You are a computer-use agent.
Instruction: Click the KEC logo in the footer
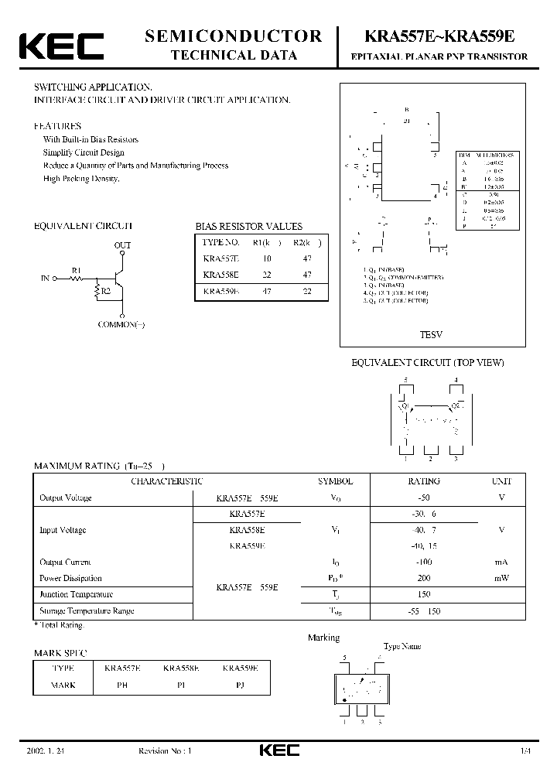coord(278,750)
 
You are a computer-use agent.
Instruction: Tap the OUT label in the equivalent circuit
coord(123,245)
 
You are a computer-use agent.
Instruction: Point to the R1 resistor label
coord(77,270)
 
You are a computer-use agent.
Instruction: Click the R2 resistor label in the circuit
coord(106,292)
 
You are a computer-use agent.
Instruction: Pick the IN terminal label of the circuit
coord(45,276)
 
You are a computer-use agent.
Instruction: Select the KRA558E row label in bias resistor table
coord(221,275)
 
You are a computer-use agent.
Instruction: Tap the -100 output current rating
coord(424,562)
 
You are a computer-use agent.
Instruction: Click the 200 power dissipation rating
coord(424,579)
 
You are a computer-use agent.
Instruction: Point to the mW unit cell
coord(501,579)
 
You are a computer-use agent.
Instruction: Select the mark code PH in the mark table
coord(122,686)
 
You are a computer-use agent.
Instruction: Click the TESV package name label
coord(430,335)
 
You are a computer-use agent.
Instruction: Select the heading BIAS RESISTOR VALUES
coord(248,227)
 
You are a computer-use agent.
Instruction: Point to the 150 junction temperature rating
coord(424,595)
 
